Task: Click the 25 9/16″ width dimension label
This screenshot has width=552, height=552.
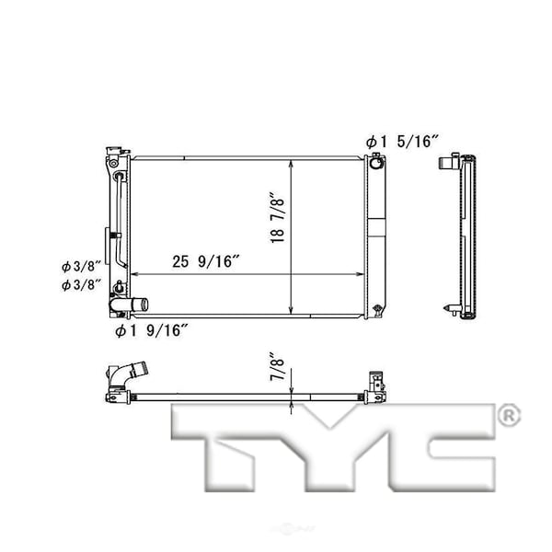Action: (206, 261)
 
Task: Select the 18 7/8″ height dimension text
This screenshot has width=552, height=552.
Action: (278, 217)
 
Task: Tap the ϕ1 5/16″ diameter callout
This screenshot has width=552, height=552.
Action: (402, 142)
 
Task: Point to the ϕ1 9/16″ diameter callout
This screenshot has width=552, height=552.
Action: (152, 330)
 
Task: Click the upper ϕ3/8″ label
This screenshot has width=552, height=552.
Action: (81, 267)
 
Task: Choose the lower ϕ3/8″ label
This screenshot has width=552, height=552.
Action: (81, 285)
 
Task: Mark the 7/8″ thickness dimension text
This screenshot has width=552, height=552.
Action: (278, 365)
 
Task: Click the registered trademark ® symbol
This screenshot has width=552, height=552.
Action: (509, 416)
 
